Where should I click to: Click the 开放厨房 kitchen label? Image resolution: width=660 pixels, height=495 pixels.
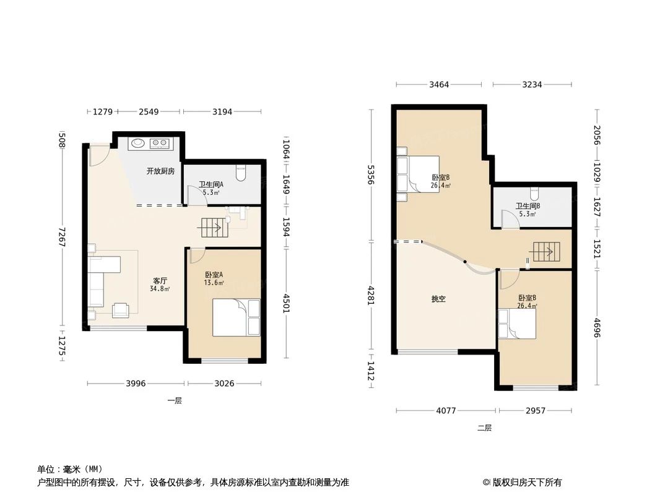[160, 171]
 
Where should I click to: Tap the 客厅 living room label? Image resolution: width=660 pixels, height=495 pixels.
[160, 280]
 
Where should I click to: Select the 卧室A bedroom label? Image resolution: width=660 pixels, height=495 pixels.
[214, 275]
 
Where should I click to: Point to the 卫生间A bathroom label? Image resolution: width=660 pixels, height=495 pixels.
[211, 184]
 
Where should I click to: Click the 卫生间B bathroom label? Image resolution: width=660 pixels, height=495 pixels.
[528, 206]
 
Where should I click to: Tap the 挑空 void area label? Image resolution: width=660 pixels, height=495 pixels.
[438, 299]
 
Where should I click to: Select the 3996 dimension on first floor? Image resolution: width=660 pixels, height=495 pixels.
[136, 384]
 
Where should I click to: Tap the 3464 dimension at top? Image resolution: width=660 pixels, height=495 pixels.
[438, 85]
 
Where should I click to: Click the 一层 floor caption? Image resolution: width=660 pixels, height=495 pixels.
[175, 401]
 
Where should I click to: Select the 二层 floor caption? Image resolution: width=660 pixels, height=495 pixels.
[484, 428]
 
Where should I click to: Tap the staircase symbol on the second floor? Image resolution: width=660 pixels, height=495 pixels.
[544, 252]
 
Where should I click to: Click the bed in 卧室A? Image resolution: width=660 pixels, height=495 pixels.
[236, 317]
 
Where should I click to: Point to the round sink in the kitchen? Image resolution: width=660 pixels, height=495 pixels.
[137, 144]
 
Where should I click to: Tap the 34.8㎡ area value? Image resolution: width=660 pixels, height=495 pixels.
[160, 288]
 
